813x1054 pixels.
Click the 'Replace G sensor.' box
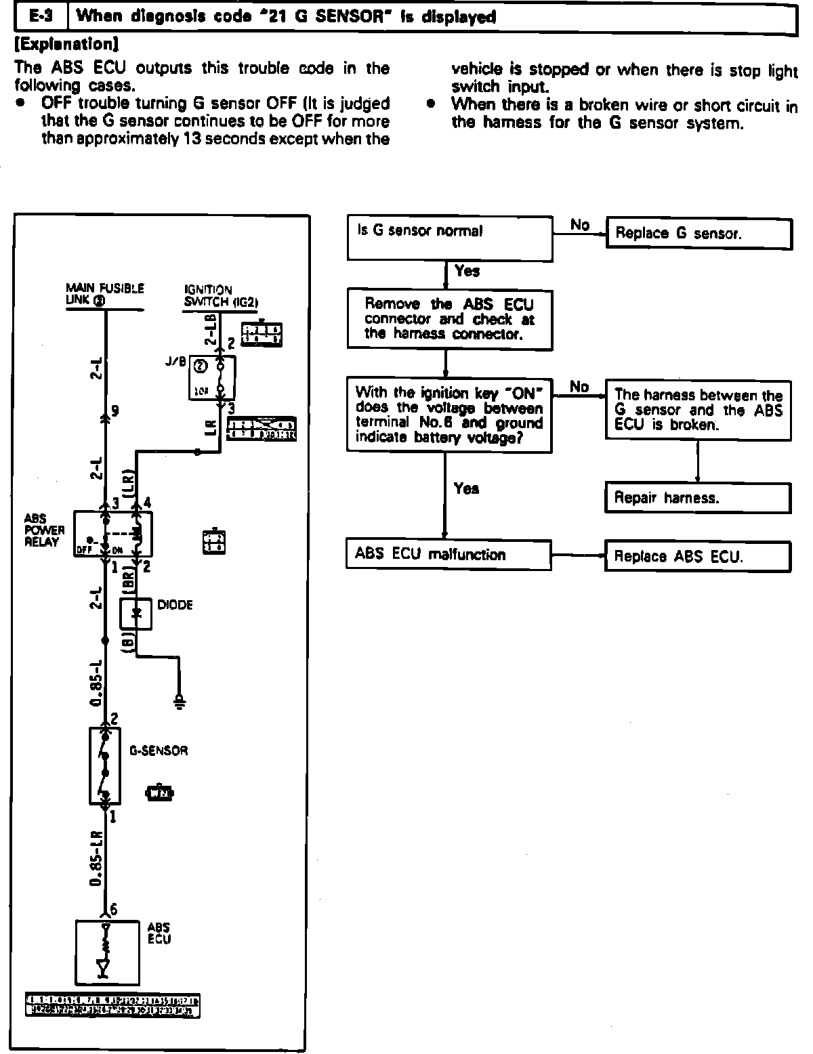(699, 234)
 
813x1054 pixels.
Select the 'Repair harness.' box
(698, 498)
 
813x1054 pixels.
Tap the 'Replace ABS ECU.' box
(698, 557)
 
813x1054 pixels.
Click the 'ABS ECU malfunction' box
(449, 554)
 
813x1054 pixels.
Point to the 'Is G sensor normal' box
(449, 238)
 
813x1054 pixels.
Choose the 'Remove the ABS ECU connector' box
(449, 318)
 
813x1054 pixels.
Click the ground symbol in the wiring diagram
(180, 701)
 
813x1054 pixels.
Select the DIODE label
(175, 605)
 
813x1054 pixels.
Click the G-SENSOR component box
(105, 765)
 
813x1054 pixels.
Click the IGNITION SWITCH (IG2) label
(221, 296)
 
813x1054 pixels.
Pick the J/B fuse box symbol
(211, 377)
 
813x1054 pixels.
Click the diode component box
(135, 614)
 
